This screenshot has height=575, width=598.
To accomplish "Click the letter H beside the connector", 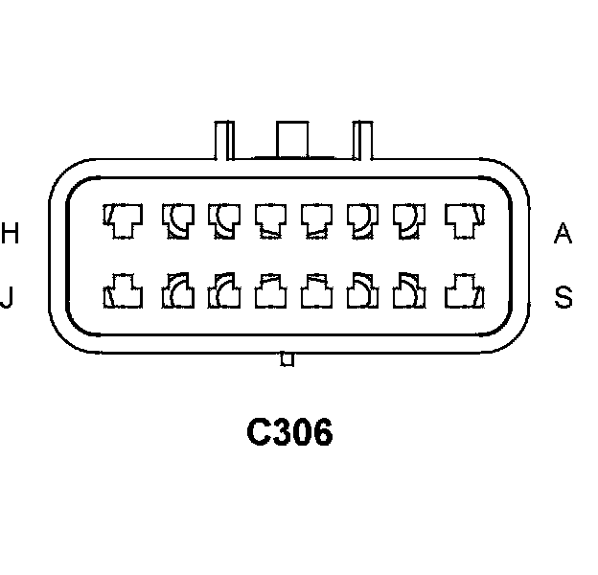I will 11,233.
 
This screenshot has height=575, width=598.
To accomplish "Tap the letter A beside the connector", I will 563,233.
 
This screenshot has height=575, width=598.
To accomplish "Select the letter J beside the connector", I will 8,298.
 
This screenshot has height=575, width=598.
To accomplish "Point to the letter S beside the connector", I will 563,298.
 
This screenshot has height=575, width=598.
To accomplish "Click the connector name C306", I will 289,434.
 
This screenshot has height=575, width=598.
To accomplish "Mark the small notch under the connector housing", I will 285,359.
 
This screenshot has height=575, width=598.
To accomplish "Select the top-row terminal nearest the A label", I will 462,221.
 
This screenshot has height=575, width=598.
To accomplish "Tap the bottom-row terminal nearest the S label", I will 462,289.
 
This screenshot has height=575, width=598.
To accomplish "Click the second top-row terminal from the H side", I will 176,221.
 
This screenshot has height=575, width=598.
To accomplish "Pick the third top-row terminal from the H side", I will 224,221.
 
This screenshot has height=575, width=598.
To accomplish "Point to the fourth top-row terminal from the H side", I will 271,221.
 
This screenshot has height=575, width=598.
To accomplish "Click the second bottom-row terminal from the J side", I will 176,289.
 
